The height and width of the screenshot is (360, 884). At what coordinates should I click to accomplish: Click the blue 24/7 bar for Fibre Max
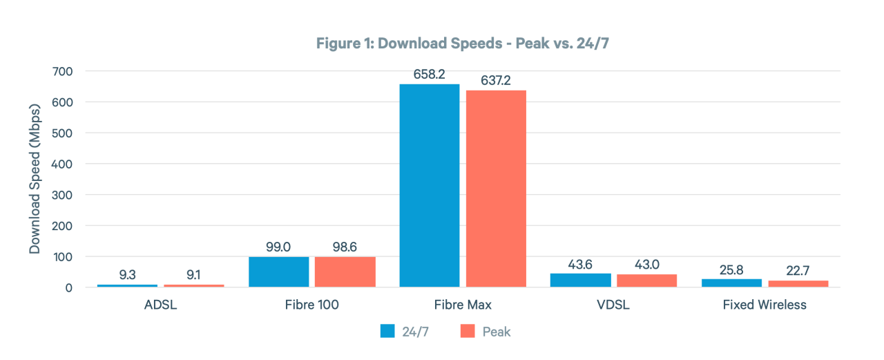[429, 185]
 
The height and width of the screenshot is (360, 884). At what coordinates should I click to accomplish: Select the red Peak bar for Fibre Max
[496, 188]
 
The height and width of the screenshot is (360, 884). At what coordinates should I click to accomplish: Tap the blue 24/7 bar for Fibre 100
[278, 272]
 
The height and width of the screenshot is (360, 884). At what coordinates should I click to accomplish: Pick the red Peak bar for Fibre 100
[345, 272]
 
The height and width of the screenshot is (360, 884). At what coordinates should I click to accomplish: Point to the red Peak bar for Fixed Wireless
[798, 283]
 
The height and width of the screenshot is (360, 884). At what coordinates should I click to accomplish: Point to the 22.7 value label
[798, 270]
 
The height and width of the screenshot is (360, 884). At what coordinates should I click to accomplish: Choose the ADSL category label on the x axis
[160, 305]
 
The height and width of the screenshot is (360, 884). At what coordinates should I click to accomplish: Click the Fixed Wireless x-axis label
[765, 305]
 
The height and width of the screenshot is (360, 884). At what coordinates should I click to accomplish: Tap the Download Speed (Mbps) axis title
[35, 178]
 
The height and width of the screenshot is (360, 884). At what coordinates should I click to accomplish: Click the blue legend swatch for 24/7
[387, 332]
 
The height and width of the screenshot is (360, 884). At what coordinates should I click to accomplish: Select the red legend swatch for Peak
[468, 332]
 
